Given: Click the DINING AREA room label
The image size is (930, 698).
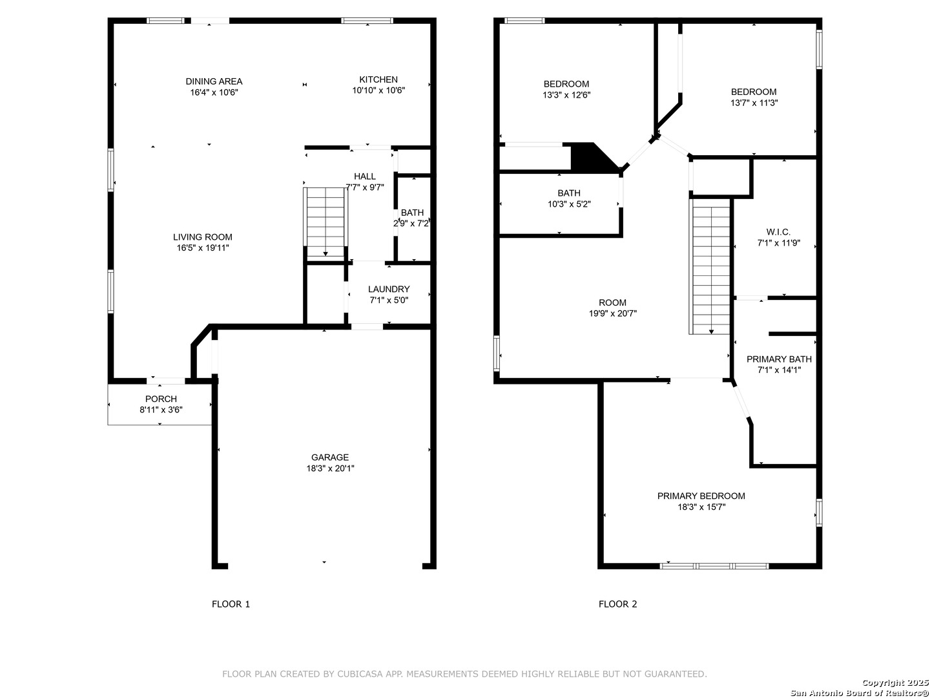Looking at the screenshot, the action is click(214, 81).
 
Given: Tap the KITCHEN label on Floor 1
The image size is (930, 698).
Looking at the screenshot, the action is click(378, 79).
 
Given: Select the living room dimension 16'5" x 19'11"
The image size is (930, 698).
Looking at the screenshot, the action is click(203, 248).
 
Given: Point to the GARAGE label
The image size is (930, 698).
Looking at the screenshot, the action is click(330, 458).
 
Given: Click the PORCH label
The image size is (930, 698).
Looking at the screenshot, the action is click(161, 399).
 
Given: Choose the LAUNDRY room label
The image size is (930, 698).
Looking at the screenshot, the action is click(389, 289).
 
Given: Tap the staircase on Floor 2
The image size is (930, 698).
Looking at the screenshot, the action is click(711, 266).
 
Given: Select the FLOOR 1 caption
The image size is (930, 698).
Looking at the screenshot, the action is click(231, 604).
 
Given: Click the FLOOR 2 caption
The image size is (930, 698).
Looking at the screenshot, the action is click(618, 604).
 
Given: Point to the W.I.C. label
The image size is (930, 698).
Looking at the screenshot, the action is click(778, 232).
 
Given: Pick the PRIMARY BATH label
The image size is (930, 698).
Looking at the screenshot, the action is click(779, 359).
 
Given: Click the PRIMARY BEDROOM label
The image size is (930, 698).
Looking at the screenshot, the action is click(701, 496).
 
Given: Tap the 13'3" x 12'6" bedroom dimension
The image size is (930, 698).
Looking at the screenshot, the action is click(566, 95).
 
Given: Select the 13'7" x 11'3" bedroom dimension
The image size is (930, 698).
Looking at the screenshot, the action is click(754, 103).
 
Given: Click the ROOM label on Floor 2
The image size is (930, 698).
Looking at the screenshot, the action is click(613, 302).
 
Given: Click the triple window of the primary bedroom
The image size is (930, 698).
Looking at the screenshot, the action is click(714, 566).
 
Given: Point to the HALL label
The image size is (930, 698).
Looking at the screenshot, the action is click(365, 176).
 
